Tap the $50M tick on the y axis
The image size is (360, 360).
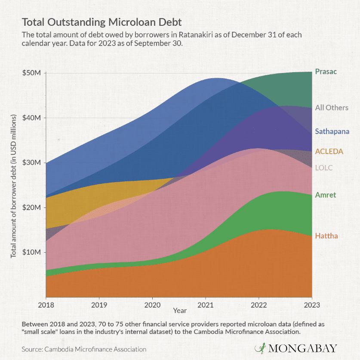coord(31,73)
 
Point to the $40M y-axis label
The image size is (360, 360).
coord(31,118)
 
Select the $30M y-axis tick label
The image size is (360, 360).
coord(31,162)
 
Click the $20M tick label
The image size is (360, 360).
coord(31,207)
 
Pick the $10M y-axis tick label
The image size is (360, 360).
coord(31,252)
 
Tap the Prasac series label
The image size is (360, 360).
coord(326,72)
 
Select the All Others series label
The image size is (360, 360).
coord(332,107)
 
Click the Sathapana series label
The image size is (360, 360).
coord(332,131)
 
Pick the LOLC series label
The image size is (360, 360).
coord(324,168)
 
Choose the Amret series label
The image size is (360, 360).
coord(326,195)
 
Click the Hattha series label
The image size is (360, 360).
coord(326,236)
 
